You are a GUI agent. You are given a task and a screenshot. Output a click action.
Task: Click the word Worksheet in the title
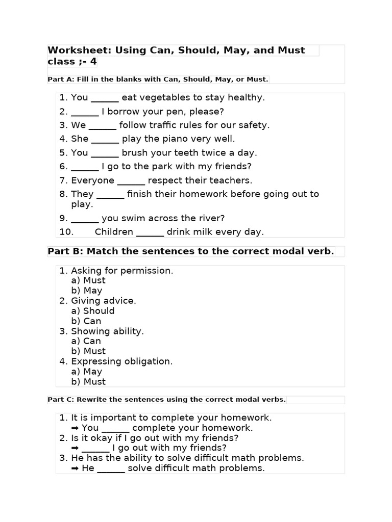click(x=79, y=50)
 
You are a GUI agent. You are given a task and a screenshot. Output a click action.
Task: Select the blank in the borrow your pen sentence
click(x=85, y=112)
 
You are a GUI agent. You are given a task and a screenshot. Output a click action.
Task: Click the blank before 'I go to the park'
click(x=85, y=167)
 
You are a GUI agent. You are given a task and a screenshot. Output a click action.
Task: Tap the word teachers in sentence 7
click(x=230, y=180)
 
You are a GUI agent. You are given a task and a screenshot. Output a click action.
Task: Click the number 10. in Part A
click(x=66, y=232)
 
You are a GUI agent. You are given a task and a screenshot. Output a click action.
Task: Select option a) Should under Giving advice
click(x=93, y=311)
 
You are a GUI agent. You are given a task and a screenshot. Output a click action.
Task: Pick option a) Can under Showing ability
click(x=86, y=341)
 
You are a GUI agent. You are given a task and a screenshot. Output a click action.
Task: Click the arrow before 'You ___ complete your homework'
click(x=75, y=428)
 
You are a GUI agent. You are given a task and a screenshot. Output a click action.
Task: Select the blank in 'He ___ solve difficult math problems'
click(x=111, y=468)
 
